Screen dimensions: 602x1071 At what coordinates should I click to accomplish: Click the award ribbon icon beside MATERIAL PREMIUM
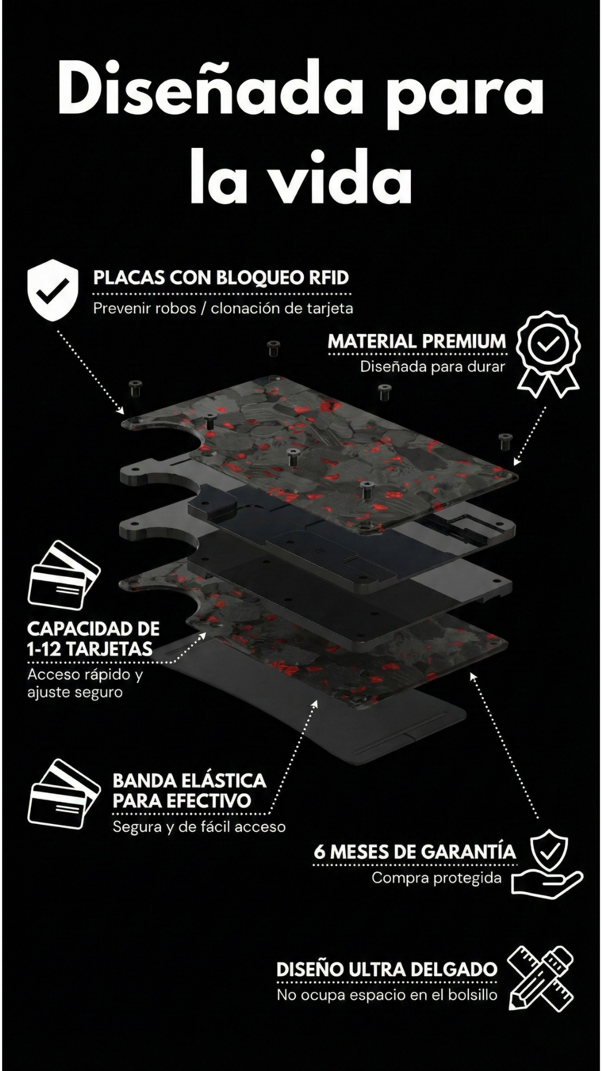pyautogui.click(x=548, y=354)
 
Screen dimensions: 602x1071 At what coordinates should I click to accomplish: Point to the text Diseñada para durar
pyautogui.click(x=433, y=367)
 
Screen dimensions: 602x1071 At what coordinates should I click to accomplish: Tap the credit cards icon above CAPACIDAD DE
pyautogui.click(x=63, y=575)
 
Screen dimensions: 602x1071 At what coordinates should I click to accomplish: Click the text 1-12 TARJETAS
pyautogui.click(x=90, y=649)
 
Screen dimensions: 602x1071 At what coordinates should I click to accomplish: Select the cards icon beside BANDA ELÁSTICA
pyautogui.click(x=63, y=793)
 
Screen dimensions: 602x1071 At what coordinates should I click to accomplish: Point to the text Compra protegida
pyautogui.click(x=436, y=878)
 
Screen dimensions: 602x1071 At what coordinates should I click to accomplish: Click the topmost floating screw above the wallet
pyautogui.click(x=273, y=349)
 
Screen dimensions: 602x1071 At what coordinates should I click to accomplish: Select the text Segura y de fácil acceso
pyautogui.click(x=199, y=827)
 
